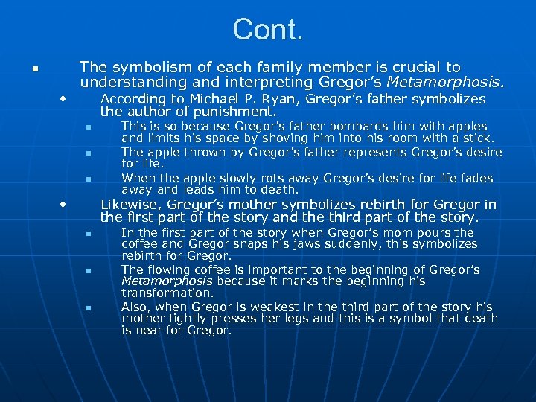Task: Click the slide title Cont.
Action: click(268, 30)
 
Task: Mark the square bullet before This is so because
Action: click(86, 127)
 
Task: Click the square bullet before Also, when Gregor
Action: click(86, 307)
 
